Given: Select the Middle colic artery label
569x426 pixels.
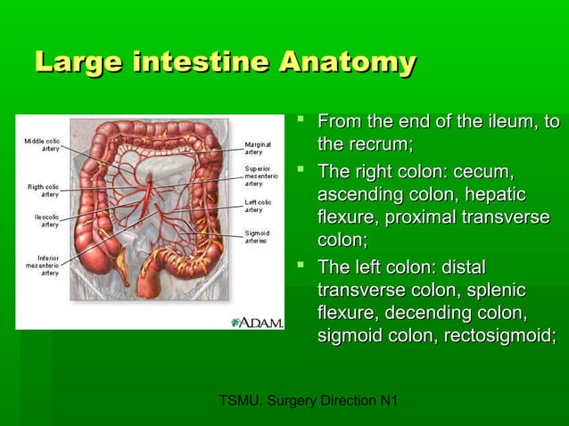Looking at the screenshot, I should click(x=42, y=144).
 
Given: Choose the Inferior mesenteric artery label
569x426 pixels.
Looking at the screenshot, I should click(x=42, y=265).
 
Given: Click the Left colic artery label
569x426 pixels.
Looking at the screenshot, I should click(x=260, y=206).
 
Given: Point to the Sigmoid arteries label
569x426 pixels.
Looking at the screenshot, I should click(x=260, y=237).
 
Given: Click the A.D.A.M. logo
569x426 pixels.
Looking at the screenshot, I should click(x=257, y=321).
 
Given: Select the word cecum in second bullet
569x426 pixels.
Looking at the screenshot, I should click(x=485, y=171).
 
